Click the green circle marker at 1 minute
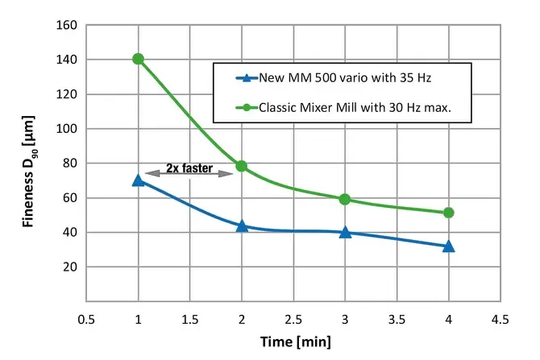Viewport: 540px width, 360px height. click(x=138, y=59)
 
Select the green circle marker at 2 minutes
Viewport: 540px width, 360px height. click(x=241, y=166)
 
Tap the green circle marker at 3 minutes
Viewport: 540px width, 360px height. click(x=345, y=199)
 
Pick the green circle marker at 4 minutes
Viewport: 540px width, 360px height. click(x=449, y=213)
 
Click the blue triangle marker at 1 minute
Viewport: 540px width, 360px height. click(x=138, y=180)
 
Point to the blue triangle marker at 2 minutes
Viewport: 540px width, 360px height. click(x=241, y=226)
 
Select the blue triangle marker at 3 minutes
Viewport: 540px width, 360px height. click(x=345, y=232)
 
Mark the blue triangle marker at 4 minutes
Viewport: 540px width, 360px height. click(x=449, y=246)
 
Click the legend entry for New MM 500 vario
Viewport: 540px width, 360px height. click(x=347, y=78)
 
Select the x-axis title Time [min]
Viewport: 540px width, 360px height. click(x=294, y=341)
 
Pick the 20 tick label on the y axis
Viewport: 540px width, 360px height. click(x=69, y=267)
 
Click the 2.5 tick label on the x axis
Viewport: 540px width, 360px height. click(x=293, y=319)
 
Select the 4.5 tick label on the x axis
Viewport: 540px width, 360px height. click(x=501, y=319)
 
